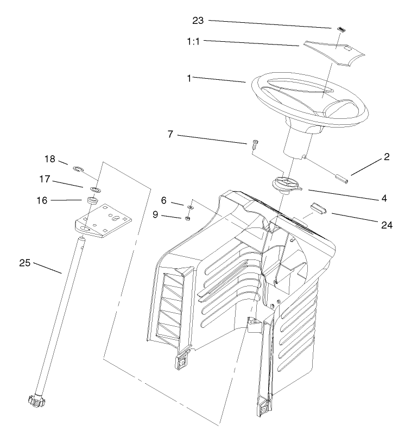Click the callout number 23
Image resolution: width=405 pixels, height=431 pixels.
199,21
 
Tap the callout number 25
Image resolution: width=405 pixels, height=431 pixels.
24,263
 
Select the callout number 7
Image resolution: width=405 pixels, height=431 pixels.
170,134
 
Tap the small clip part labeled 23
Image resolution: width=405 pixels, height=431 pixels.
340,29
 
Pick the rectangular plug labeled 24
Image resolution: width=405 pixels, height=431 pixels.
318,207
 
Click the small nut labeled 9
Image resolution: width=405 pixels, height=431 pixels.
186,218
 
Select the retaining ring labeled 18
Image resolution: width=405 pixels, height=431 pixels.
78,169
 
